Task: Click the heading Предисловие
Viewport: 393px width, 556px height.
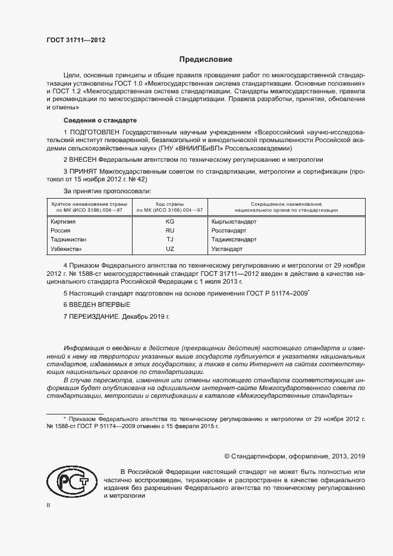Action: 206,59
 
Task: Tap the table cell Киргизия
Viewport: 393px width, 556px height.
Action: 65,221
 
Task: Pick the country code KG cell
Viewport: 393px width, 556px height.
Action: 169,221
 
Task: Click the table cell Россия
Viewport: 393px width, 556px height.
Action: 61,230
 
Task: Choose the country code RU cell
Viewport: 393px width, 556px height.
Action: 169,230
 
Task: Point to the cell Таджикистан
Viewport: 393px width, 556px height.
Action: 70,240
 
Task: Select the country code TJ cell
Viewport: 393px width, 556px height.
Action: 169,240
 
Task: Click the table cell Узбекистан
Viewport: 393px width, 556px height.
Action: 67,249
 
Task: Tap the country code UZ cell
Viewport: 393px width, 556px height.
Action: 169,249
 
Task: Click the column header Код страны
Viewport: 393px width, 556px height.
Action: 169,204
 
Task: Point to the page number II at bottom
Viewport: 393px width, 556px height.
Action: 49,505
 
